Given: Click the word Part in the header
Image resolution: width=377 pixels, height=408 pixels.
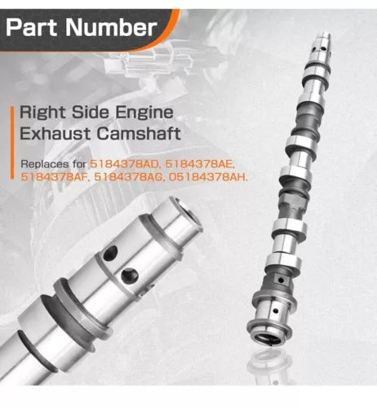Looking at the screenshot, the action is (x=33, y=28).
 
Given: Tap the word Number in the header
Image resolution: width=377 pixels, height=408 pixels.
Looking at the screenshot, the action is (x=111, y=28).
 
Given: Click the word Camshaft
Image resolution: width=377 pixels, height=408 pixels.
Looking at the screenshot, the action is (x=139, y=133).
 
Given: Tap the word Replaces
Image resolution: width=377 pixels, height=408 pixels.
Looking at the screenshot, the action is (x=45, y=164).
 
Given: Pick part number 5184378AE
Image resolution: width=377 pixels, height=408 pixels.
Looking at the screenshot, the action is (x=200, y=165).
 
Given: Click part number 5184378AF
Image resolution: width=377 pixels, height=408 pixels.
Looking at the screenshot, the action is (x=55, y=177).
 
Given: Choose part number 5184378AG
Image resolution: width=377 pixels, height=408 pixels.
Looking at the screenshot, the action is (x=129, y=177).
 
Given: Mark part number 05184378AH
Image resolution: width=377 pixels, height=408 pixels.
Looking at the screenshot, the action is (x=208, y=177).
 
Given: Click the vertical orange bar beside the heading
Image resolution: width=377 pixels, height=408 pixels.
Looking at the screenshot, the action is (x=12, y=143).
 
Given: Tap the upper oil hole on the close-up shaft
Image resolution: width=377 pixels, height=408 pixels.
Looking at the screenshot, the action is (x=110, y=253).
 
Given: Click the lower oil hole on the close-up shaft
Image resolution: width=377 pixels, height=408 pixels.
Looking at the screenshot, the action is (x=130, y=275).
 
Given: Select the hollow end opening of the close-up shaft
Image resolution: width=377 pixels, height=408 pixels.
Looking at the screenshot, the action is (x=188, y=215).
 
